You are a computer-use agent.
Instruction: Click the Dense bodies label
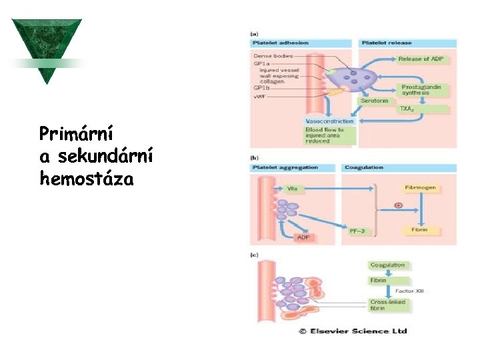pos(273,56)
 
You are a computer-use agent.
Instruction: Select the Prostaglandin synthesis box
pos(424,90)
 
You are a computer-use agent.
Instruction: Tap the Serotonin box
pos(375,101)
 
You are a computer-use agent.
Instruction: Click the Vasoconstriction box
pos(329,121)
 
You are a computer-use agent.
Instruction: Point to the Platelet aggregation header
pos(285,167)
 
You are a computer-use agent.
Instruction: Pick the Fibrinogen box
pos(420,188)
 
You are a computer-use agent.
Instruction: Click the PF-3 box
pos(357,230)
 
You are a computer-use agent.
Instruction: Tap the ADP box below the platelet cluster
pos(303,237)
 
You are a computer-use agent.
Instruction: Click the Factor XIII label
pos(409,291)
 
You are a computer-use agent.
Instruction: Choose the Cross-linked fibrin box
pos(387,305)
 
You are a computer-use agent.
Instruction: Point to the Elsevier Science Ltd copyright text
pos(353,331)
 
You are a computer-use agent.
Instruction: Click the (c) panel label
pos(255,255)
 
